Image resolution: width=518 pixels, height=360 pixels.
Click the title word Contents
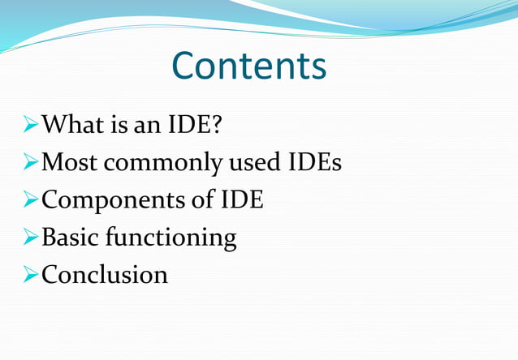click(x=249, y=66)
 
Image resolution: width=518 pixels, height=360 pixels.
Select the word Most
click(x=71, y=163)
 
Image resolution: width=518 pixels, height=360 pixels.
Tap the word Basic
click(x=70, y=238)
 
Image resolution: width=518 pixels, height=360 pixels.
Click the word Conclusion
click(x=105, y=275)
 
